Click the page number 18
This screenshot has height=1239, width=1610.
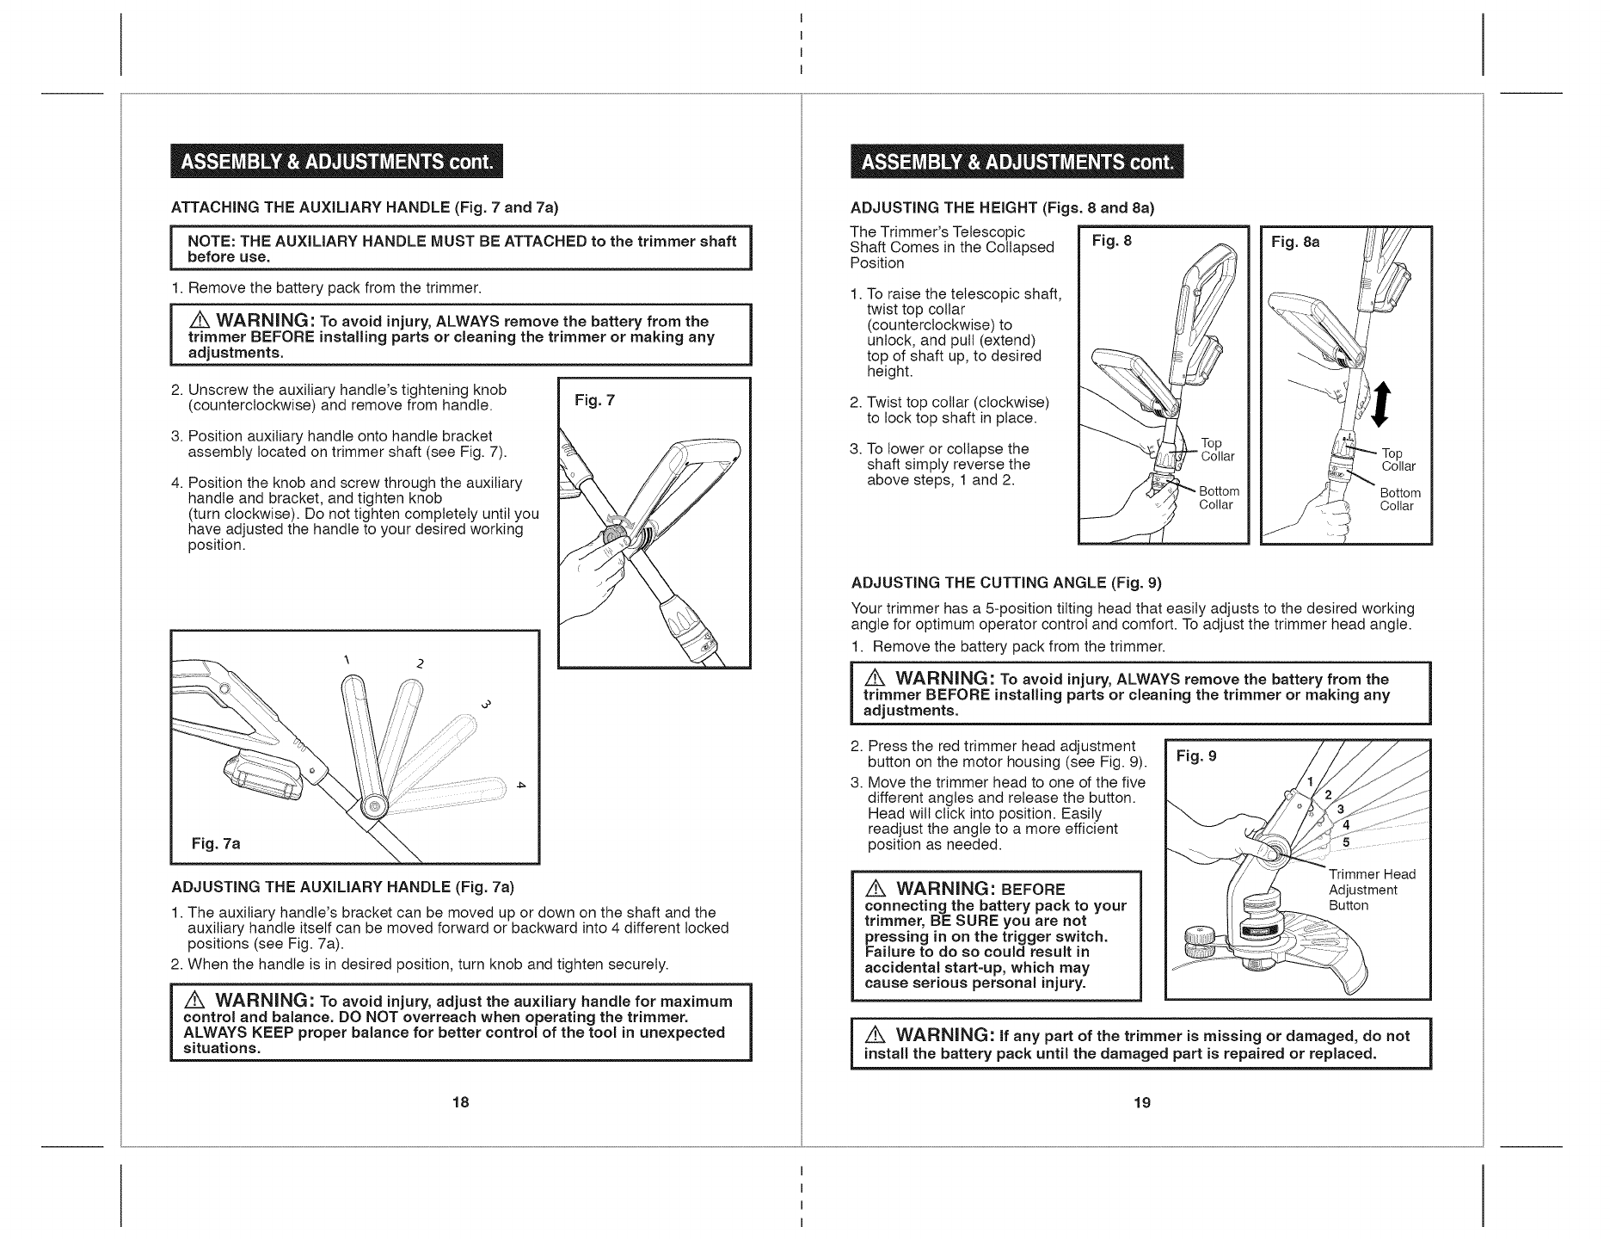tap(460, 1102)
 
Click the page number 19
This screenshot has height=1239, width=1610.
tap(1141, 1102)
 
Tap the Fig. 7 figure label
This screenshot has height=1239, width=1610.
tap(593, 400)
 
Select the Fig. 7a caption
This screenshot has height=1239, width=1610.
tap(216, 843)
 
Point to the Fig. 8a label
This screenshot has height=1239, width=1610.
tap(1295, 243)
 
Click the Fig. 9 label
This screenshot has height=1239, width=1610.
tap(1197, 756)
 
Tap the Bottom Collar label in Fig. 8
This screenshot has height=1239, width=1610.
tap(1219, 497)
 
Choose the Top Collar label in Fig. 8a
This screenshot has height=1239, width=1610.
tap(1397, 459)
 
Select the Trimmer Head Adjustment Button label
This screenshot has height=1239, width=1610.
tap(1371, 890)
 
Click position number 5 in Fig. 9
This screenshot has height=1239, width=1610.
tap(1346, 842)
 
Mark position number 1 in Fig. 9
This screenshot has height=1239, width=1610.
tap(1310, 781)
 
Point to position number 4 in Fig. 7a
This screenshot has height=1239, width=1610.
tap(519, 785)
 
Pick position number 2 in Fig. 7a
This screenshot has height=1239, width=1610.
tap(419, 663)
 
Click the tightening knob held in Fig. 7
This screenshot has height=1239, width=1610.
tap(612, 545)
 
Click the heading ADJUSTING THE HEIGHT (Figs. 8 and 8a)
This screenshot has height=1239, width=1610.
tap(1002, 208)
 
